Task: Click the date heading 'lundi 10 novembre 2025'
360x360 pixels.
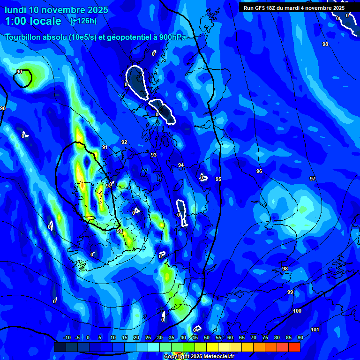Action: point(56,10)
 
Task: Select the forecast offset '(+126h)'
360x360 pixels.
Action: point(83,21)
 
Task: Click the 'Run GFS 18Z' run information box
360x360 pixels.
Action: point(293,7)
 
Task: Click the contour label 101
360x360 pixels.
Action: point(315,330)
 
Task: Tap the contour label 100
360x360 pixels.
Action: point(297,311)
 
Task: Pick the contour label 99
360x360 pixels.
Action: point(290,292)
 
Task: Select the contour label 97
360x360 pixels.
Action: point(313,179)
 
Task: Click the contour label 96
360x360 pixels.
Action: point(259,171)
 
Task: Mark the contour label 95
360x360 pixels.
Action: point(218,179)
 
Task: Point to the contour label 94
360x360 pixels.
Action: point(181,165)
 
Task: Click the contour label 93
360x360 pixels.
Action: point(154,155)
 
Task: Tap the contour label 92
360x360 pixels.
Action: point(124,142)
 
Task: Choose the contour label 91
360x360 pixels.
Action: point(105,147)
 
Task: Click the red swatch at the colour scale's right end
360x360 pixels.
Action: point(294,347)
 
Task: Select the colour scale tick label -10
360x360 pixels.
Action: point(67,337)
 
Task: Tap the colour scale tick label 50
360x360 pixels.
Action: point(207,337)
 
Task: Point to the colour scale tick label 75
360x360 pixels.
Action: point(265,337)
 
